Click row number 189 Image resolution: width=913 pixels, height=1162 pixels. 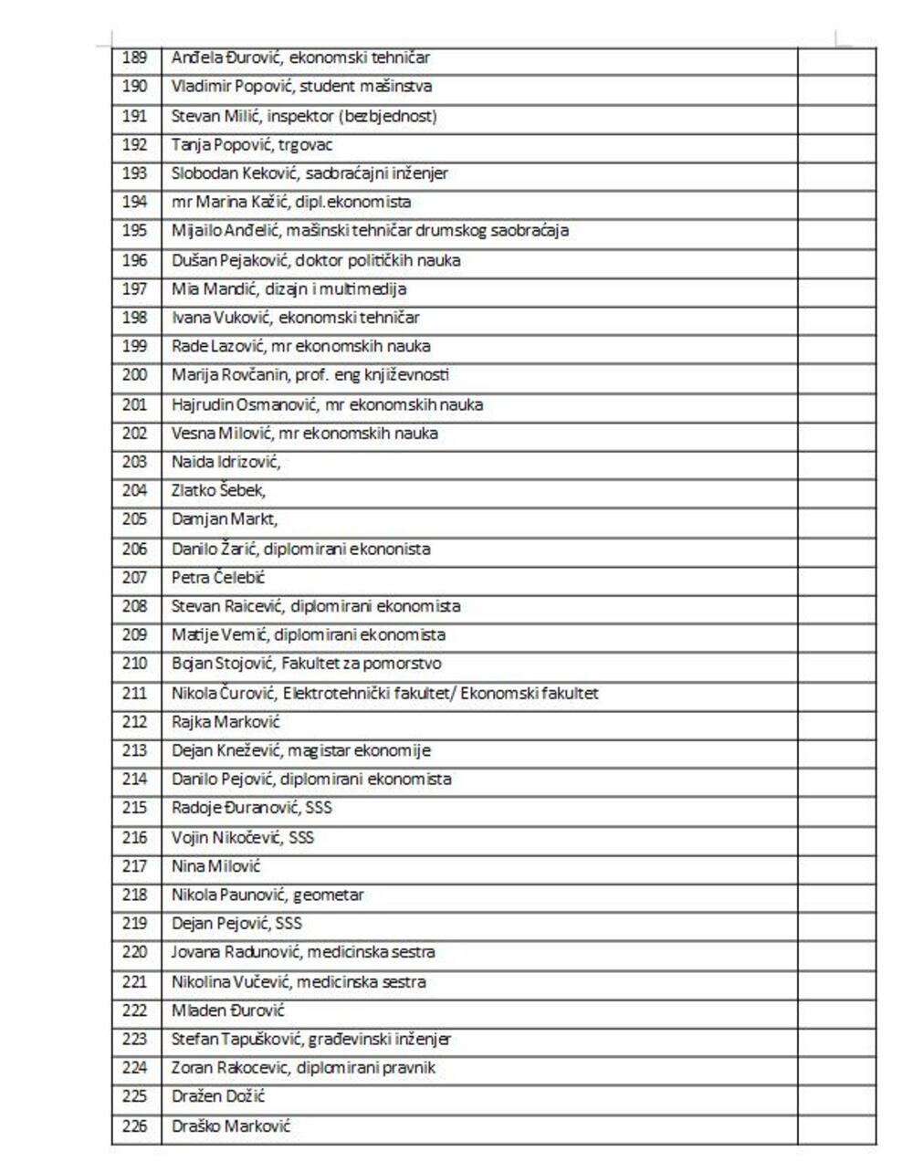[134, 58]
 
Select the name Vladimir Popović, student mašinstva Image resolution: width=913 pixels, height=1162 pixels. [301, 87]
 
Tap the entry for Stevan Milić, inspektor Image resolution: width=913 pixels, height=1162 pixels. [304, 116]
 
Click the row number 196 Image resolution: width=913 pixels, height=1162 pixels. [134, 260]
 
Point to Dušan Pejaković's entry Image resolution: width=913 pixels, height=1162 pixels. [316, 260]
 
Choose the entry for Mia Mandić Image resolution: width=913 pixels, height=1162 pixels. [289, 289]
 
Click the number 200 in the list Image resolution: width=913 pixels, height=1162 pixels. [134, 375]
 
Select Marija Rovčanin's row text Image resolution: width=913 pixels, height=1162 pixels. [310, 375]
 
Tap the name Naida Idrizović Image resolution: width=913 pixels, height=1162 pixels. [226, 462]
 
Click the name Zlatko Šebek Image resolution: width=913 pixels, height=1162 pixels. [218, 491]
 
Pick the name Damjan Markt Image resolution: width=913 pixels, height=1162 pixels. [225, 519]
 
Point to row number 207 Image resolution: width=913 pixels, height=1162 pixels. [134, 578]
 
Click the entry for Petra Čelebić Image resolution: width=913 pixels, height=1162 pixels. [218, 578]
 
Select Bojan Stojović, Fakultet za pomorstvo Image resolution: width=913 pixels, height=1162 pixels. [306, 664]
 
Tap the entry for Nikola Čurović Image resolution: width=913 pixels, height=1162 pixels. [384, 694]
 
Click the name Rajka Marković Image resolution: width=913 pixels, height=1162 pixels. [226, 722]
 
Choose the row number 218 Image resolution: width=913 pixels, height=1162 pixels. [134, 895]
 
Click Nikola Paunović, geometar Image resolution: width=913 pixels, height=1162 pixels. [268, 895]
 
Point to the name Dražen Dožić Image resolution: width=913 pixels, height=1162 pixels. [218, 1096]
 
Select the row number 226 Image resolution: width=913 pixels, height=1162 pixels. [134, 1125]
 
